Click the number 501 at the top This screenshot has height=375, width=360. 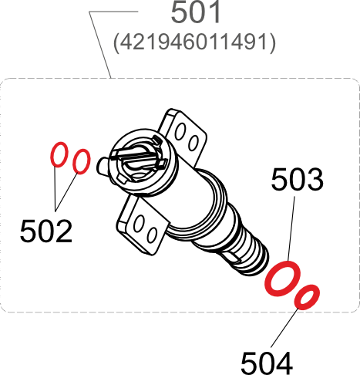click(x=195, y=14)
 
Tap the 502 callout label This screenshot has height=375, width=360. click(x=46, y=230)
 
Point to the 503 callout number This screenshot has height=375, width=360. click(x=297, y=180)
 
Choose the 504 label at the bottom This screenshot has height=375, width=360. click(x=267, y=361)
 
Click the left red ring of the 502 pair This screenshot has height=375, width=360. click(x=59, y=155)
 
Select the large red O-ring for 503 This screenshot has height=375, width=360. click(x=282, y=279)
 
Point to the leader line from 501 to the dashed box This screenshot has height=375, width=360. click(x=100, y=46)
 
